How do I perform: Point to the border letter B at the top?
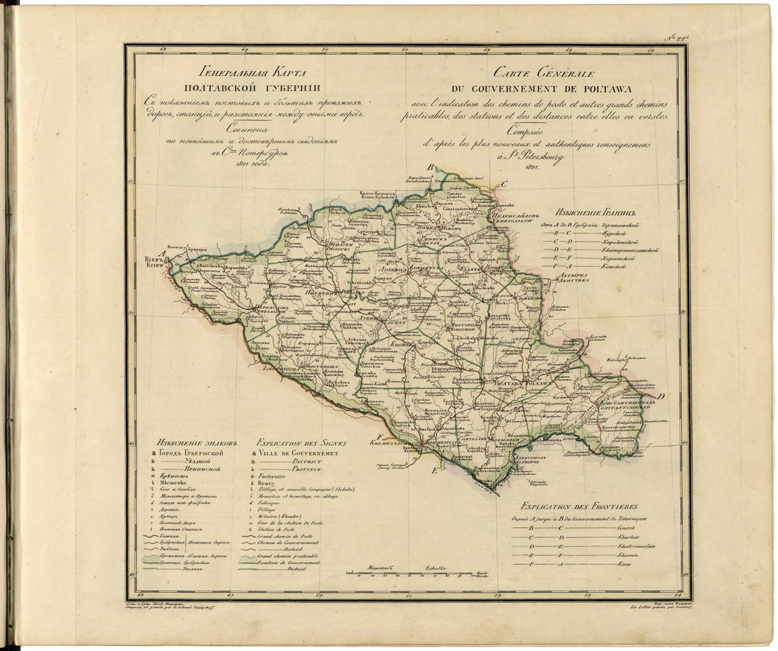429,168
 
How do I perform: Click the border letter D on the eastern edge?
658,397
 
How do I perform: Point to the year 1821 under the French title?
533,167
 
